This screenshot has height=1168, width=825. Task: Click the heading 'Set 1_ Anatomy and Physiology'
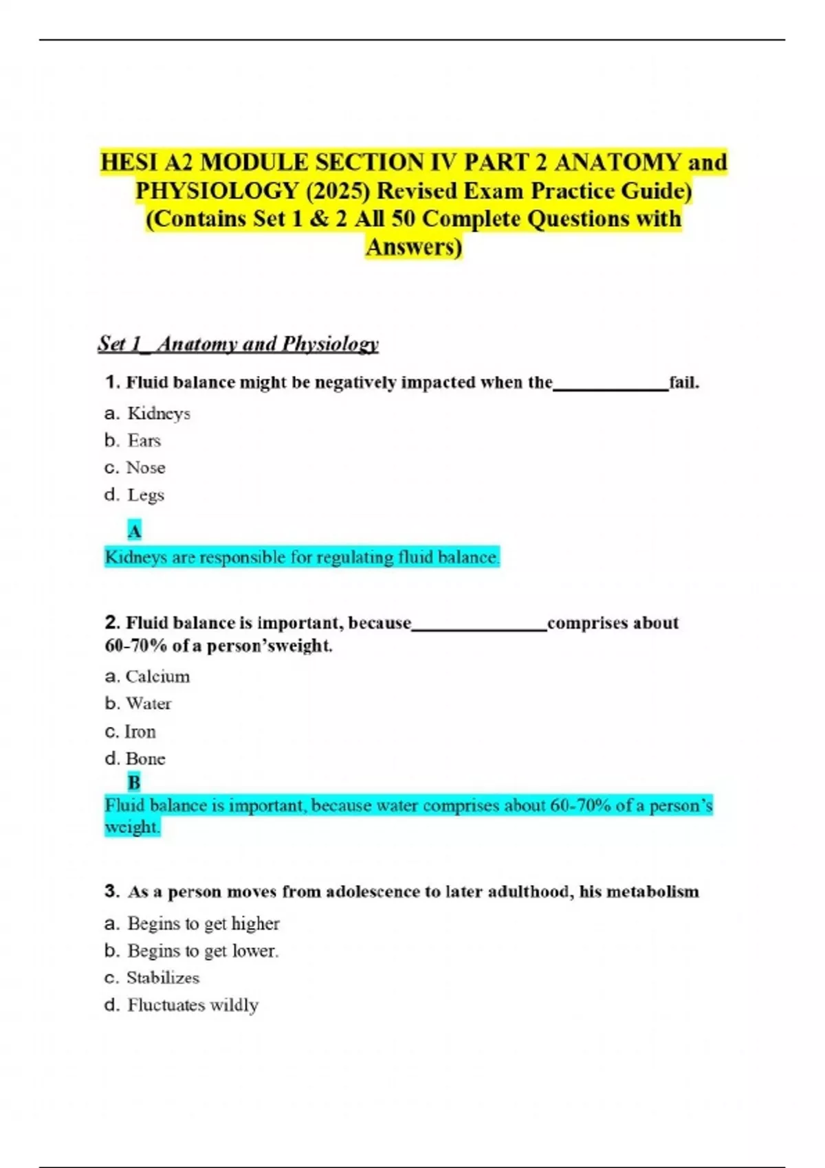(238, 344)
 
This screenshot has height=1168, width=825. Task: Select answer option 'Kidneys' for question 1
(159, 414)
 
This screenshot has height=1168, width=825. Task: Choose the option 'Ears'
(144, 440)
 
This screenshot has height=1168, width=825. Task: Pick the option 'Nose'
(146, 468)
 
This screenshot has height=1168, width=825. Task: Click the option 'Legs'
(146, 495)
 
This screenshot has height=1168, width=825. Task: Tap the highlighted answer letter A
(135, 531)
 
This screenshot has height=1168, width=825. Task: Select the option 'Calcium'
(157, 677)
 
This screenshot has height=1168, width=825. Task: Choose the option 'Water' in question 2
(148, 704)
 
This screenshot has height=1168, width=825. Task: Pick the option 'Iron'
(140, 732)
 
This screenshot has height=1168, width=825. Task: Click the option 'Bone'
(146, 759)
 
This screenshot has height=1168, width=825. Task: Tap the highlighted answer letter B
(134, 783)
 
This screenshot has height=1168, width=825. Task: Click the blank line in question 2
(479, 627)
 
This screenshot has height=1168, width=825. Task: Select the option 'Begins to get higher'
(203, 923)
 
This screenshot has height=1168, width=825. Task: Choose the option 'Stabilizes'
(163, 978)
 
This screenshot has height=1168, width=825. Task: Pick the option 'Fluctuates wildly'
(193, 1005)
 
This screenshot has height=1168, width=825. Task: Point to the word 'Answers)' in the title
(414, 247)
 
